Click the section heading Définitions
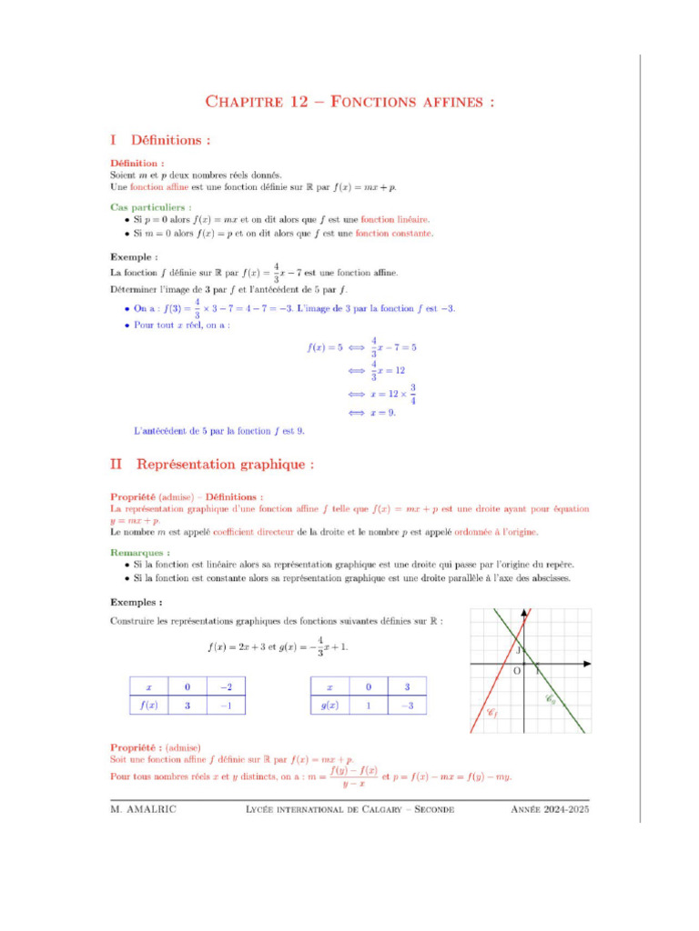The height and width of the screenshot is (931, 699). tap(171, 141)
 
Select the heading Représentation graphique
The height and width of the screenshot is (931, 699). tap(225, 464)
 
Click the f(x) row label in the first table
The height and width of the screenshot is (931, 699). tap(149, 705)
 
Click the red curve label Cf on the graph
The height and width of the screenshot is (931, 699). tap(492, 714)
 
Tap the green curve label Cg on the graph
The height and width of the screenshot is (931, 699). tap(551, 699)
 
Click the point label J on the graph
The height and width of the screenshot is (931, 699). tap(517, 650)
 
